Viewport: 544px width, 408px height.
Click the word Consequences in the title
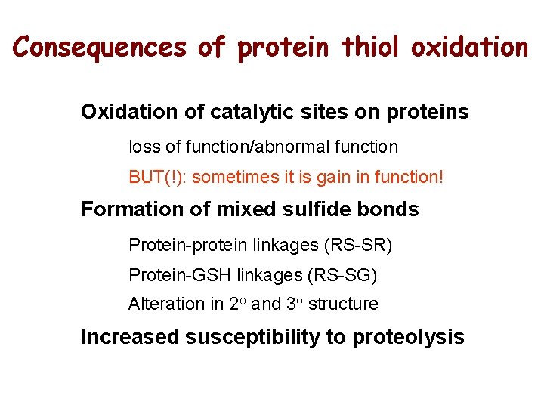click(x=100, y=48)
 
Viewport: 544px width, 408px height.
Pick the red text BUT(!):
click(x=159, y=178)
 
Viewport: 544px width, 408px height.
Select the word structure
click(x=343, y=304)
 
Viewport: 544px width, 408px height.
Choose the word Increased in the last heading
click(x=131, y=337)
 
